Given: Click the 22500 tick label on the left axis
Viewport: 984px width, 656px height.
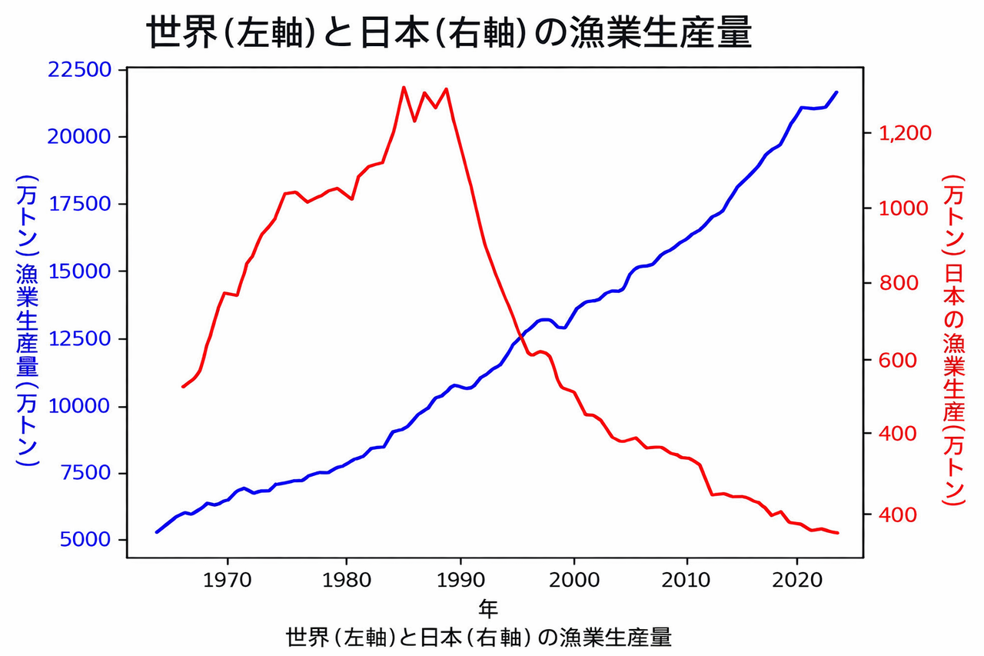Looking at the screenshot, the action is (79, 70).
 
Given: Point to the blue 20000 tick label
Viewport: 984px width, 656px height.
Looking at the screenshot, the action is (79, 137).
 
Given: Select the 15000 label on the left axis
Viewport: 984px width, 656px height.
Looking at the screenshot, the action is (79, 271).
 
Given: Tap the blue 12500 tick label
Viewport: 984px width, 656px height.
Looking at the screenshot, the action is (79, 338).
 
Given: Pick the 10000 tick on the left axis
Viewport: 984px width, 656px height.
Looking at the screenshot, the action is (79, 406).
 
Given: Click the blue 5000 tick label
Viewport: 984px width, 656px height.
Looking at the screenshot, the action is (85, 540).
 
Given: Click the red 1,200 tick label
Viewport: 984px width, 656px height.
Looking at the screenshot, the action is (905, 133).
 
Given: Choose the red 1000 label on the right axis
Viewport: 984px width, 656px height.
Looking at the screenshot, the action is (903, 208).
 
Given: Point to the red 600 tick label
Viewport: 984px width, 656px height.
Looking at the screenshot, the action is (898, 360).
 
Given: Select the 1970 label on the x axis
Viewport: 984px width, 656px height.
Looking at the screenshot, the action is (227, 581).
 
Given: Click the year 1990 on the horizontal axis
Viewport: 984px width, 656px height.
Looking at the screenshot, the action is (460, 581).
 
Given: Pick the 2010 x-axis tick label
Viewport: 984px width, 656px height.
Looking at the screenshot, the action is (686, 581).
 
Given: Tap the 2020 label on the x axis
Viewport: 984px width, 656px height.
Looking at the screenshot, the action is (797, 581).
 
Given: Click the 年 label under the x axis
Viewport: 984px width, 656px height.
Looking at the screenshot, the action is (488, 608).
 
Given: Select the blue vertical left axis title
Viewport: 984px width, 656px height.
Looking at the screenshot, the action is (27, 321).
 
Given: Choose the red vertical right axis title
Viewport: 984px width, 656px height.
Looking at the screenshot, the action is (954, 340).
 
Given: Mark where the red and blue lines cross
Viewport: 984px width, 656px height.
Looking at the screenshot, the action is (521, 337).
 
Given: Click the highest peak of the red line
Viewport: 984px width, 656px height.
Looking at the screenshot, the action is (404, 87).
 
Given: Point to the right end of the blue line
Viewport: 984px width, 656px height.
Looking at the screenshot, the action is (837, 92).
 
